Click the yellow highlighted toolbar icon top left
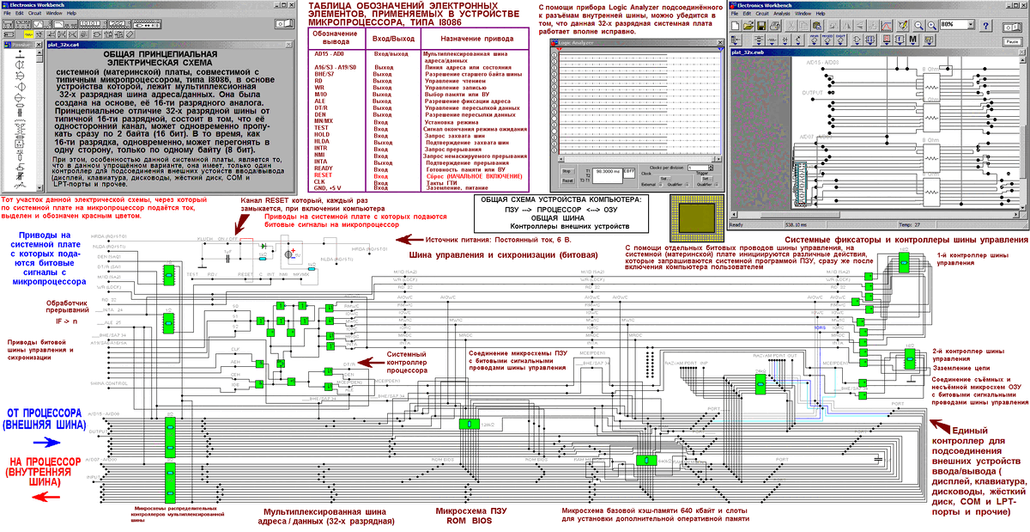click(27, 34)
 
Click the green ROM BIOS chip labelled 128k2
click(469, 424)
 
